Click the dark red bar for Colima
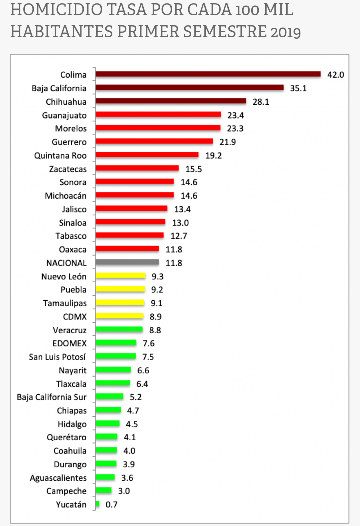pos(208,74)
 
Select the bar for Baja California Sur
pos(109,397)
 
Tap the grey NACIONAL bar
pos(127,262)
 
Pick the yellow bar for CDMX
pos(119,316)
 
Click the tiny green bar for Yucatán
pos(97,505)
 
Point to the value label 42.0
pos(336,75)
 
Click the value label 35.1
pos(299,88)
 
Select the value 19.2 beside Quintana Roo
pos(213,155)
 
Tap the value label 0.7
pos(111,505)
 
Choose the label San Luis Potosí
pos(57,356)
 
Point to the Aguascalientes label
pos(58,478)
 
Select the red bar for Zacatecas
pos(137,168)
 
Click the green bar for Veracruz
pos(119,329)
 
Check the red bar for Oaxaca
pos(127,249)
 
